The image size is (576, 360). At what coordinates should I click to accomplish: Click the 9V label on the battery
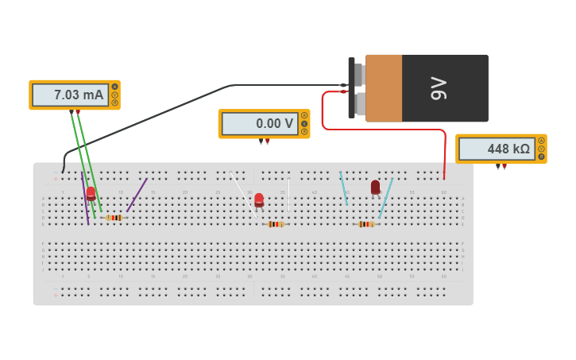click(x=439, y=88)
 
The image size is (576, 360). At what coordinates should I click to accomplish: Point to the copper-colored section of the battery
click(x=384, y=88)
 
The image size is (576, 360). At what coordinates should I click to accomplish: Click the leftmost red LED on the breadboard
click(x=91, y=193)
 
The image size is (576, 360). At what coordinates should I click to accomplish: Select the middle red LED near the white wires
click(x=259, y=199)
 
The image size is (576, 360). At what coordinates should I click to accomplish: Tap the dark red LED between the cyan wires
click(x=375, y=187)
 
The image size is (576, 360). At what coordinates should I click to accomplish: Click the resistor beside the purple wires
click(x=114, y=218)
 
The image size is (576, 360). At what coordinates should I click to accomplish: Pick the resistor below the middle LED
click(x=276, y=224)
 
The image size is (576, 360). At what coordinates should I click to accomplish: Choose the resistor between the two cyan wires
click(x=365, y=224)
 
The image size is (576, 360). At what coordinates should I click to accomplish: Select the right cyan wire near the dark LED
click(x=385, y=199)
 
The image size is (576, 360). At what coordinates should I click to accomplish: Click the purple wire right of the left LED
click(x=137, y=195)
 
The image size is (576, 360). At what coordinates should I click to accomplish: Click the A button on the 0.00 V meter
click(x=303, y=115)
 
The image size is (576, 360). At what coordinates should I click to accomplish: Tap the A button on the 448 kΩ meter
click(x=541, y=141)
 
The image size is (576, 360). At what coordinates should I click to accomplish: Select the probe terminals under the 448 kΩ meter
click(x=501, y=166)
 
